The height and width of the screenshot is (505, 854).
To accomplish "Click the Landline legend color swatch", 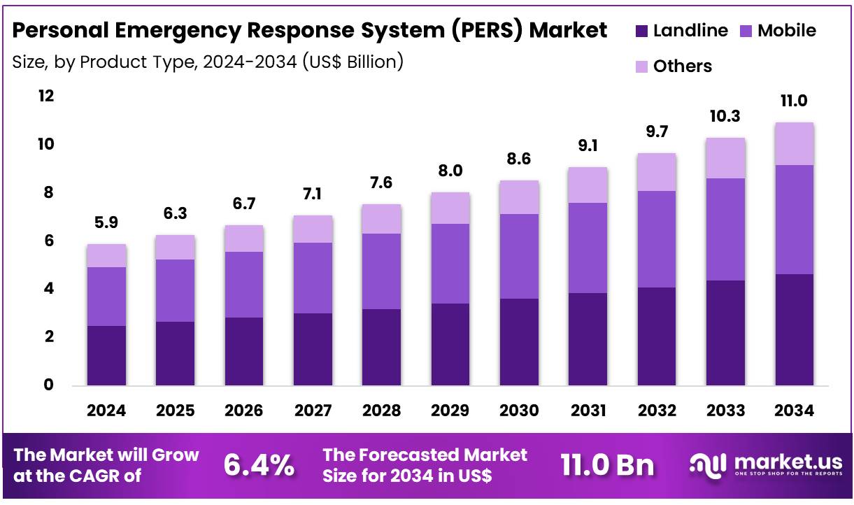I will point(641,31).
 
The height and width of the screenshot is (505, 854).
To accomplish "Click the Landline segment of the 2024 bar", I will point(106,355).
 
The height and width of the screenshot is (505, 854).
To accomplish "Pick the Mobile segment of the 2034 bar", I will point(794,220).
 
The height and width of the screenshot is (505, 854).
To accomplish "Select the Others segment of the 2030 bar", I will point(519,197).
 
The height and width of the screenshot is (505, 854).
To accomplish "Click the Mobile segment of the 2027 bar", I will point(313,278).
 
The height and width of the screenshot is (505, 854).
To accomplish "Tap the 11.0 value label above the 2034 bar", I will point(794,101).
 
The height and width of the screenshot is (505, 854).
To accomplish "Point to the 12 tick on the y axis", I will point(45,96).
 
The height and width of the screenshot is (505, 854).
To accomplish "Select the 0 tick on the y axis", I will point(49,385).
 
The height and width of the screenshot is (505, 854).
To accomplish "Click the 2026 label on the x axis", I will point(243,411).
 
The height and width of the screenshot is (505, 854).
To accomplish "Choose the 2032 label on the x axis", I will point(656,411).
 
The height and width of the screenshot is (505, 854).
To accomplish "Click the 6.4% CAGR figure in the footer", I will point(259,465).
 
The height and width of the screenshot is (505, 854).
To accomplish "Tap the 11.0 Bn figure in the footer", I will point(607,465).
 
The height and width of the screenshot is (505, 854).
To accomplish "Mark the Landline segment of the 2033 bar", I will point(725,333).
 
